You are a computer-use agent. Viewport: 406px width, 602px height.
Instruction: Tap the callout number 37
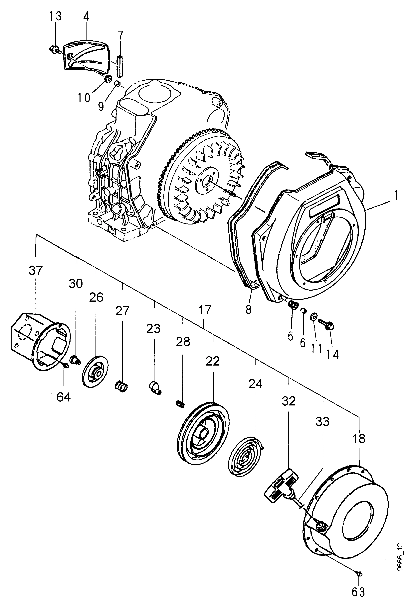tap(35, 271)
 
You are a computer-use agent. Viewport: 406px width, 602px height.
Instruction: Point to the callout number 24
tap(255, 384)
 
